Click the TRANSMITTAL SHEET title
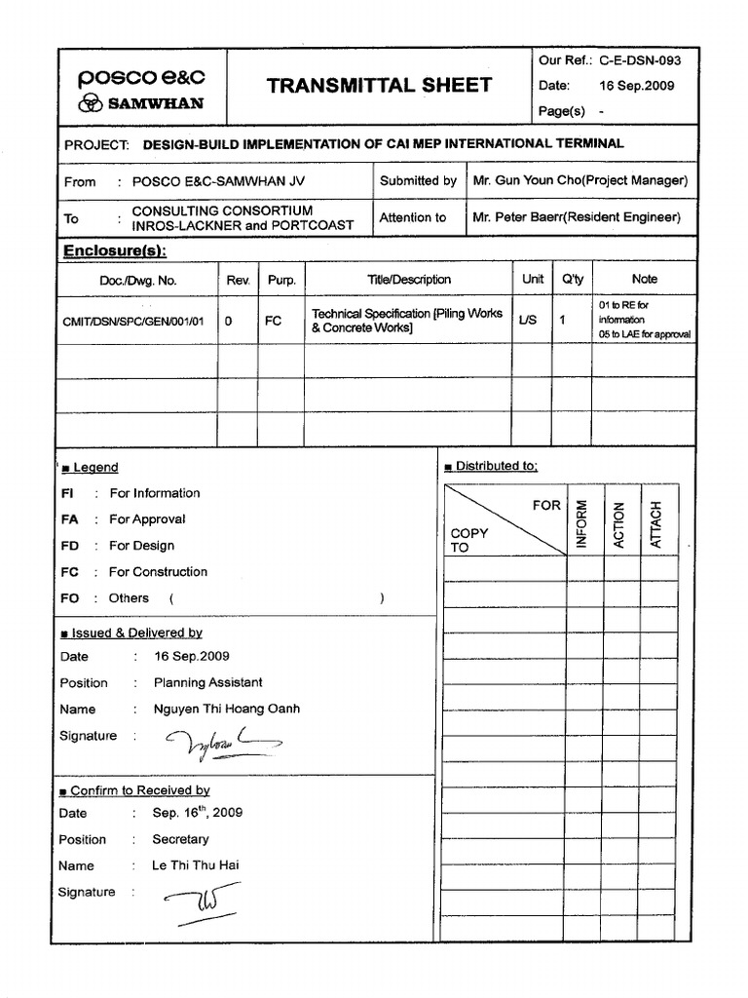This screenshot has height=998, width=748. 379,86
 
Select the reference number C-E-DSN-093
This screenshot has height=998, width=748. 641,60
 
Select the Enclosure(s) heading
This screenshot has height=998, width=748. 115,250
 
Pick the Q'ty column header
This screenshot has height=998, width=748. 572,279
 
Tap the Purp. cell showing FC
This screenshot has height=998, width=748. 274,320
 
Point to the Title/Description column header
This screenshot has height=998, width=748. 409,279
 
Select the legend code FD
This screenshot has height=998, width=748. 69,546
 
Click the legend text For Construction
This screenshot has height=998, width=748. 158,572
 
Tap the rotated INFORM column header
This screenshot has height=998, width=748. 582,523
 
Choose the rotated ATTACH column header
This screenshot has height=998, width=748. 656,523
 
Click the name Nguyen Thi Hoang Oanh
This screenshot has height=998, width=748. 226,709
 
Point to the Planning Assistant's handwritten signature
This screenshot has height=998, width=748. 219,745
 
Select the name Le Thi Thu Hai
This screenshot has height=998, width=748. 195,865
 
